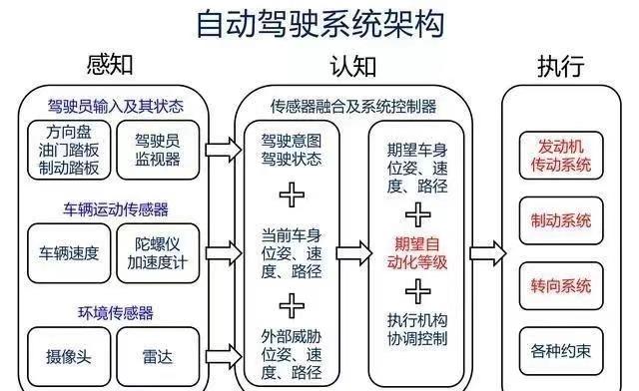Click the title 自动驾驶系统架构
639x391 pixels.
[x=320, y=24]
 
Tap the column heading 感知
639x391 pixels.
[x=110, y=65]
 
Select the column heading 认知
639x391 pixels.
[x=352, y=66]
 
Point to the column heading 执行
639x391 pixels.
[x=561, y=66]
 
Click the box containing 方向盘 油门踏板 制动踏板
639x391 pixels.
[x=69, y=150]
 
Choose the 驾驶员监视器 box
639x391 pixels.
[x=158, y=150]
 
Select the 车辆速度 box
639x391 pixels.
[x=69, y=253]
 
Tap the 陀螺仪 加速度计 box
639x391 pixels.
[x=158, y=253]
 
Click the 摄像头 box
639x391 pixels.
[x=69, y=357]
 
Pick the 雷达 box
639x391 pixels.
[x=158, y=357]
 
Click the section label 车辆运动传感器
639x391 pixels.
[x=116, y=209]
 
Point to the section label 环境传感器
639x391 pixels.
[x=116, y=313]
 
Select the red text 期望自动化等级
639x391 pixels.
[x=417, y=253]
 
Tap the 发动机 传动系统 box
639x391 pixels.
[x=561, y=156]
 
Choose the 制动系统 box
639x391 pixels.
[x=561, y=220]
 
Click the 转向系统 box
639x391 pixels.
[x=561, y=286]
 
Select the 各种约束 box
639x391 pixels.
[x=561, y=351]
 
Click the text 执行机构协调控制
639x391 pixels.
[x=417, y=329]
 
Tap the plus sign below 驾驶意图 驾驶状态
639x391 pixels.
[x=292, y=195]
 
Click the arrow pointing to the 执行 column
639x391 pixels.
[x=488, y=253]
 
